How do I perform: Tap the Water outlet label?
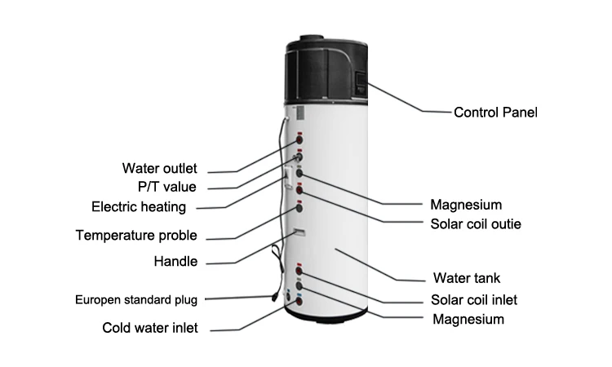point(159,169)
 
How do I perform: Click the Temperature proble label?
point(136,236)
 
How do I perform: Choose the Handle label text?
point(175,262)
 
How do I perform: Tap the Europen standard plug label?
point(136,298)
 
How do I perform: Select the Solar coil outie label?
point(476,223)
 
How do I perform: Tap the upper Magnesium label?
point(465,204)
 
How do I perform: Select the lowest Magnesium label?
point(468,319)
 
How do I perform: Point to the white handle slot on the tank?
point(299,234)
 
